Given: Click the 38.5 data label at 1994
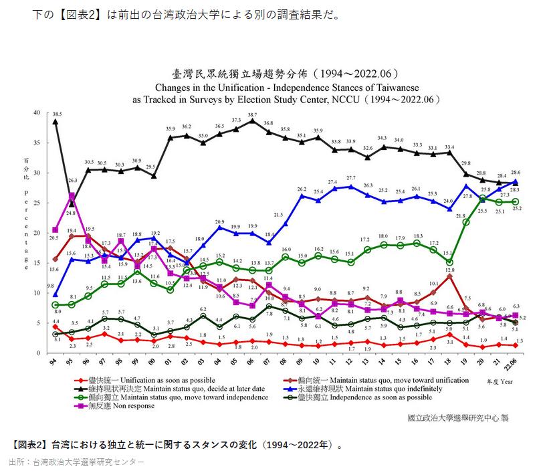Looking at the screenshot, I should (58, 115).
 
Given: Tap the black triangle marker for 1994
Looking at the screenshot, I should (56, 122).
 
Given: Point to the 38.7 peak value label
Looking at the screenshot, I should (252, 115).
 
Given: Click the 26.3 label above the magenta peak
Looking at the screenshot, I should (72, 181).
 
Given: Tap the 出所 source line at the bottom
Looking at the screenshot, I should (76, 462).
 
